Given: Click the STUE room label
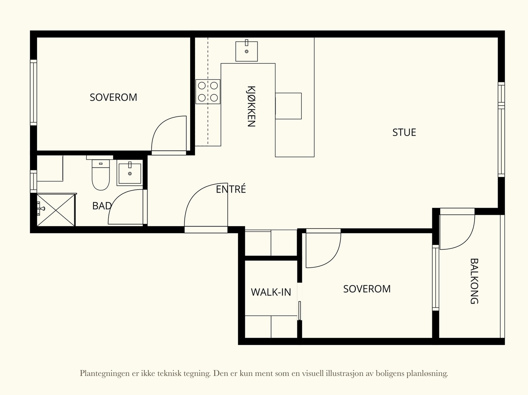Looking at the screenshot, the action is [x=404, y=133].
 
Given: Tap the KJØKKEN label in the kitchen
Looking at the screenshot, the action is [x=251, y=106].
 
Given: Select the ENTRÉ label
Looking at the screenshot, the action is [x=231, y=189].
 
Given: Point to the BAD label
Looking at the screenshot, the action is [x=102, y=206].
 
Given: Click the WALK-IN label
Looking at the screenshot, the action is [x=271, y=292].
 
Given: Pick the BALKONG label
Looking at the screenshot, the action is [x=474, y=281].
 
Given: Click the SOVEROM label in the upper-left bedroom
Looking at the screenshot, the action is [x=113, y=97].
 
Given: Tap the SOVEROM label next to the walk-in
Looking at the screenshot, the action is [x=367, y=289].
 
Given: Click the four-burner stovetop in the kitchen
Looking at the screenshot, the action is [x=208, y=92].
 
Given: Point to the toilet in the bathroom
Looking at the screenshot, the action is [x=101, y=175].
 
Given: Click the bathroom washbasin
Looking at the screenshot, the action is [x=130, y=173].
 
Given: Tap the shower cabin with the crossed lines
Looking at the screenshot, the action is [x=56, y=210].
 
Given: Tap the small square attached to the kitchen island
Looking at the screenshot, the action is [x=288, y=106].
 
